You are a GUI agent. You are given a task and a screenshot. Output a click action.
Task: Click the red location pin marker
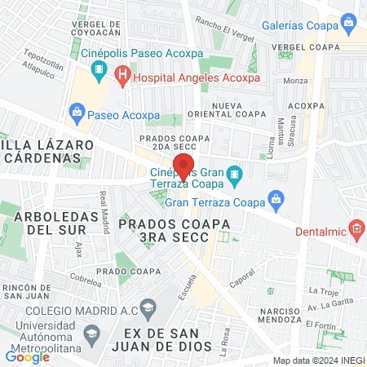click(184, 166)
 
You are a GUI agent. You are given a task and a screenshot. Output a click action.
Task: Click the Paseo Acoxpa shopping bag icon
click(77, 110)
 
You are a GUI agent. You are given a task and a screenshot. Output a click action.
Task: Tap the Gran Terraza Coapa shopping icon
click(276, 198)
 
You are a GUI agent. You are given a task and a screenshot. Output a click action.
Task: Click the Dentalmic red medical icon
click(356, 228)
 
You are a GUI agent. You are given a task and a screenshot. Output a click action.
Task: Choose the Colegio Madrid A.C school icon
click(147, 307)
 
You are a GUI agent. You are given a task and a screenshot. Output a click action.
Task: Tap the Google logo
click(28, 356)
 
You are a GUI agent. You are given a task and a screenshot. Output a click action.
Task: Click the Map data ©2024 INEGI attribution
click(315, 360)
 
